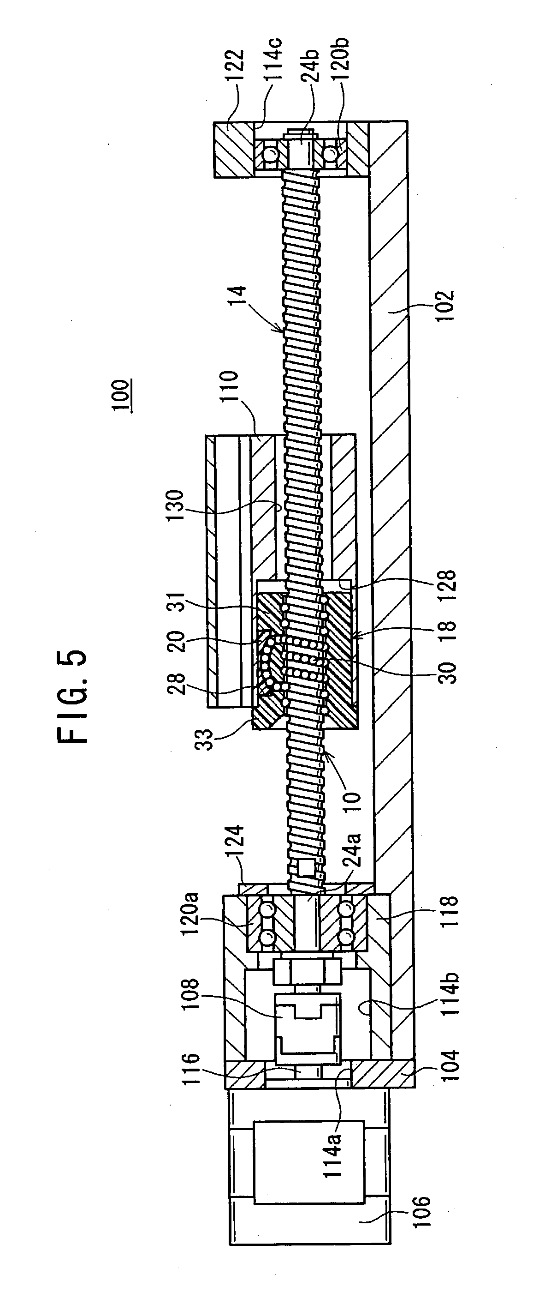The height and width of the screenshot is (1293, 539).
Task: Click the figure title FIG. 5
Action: pyautogui.click(x=72, y=698)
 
